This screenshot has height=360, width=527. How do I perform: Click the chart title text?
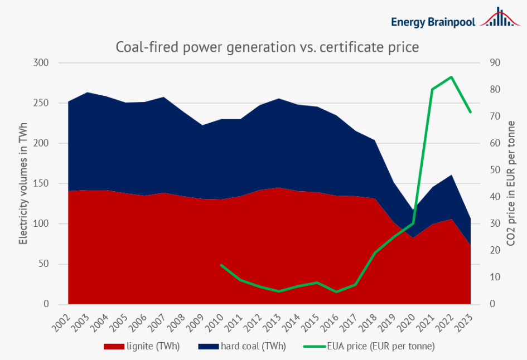pyautogui.click(x=267, y=47)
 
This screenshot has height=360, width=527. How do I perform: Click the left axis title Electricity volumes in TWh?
pyautogui.click(x=23, y=183)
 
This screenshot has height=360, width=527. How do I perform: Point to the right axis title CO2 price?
pyautogui.click(x=511, y=183)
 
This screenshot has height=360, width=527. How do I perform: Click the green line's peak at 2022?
pyautogui.click(x=451, y=77)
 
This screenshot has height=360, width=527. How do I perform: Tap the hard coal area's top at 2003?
pyautogui.click(x=87, y=93)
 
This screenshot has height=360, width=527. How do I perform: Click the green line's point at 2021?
pyautogui.click(x=432, y=89)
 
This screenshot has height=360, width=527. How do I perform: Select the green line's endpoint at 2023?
pyautogui.click(x=471, y=112)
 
